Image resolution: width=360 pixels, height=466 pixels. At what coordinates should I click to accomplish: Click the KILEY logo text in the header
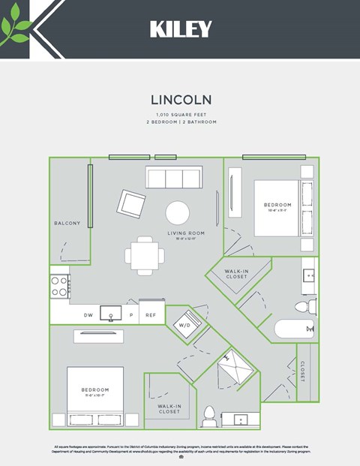pyautogui.click(x=180, y=29)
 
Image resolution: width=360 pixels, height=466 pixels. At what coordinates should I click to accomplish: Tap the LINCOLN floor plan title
pyautogui.click(x=180, y=99)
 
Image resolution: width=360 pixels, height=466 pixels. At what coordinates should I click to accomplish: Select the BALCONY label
pyautogui.click(x=67, y=224)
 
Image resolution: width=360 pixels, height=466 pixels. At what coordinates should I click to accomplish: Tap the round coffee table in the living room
pyautogui.click(x=178, y=212)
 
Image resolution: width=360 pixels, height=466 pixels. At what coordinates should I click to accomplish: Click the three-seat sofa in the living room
pyautogui.click(x=173, y=178)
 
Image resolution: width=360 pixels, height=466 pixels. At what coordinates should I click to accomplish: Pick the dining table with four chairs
pyautogui.click(x=145, y=255)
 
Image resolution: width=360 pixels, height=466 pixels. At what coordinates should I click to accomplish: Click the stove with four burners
pyautogui.click(x=59, y=286)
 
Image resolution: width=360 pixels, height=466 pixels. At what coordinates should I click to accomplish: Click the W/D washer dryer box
pyautogui.click(x=184, y=326)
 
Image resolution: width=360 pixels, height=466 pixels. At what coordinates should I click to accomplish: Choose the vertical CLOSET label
pyautogui.click(x=302, y=371)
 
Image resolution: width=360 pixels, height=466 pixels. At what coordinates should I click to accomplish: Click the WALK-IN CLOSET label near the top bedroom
pyautogui.click(x=236, y=274)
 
